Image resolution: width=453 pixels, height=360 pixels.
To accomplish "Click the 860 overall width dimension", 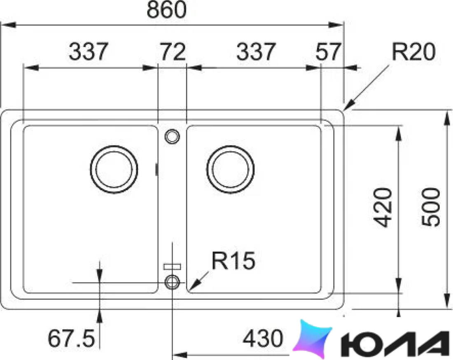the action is coord(167,9).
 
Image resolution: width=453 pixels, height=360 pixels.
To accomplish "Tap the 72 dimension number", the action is coord(173,52).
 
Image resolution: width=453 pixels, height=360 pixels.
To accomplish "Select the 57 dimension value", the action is coord(329,52).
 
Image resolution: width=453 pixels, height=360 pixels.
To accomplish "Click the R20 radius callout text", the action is coord(413,52).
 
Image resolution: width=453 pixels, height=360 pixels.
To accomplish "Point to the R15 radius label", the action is coord(234,260).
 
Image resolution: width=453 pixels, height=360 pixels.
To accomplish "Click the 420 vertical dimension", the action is coord(383,207).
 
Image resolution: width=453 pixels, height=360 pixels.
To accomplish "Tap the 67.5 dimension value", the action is coord(71,339).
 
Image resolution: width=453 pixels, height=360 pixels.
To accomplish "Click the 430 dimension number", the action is coord(263,338).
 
